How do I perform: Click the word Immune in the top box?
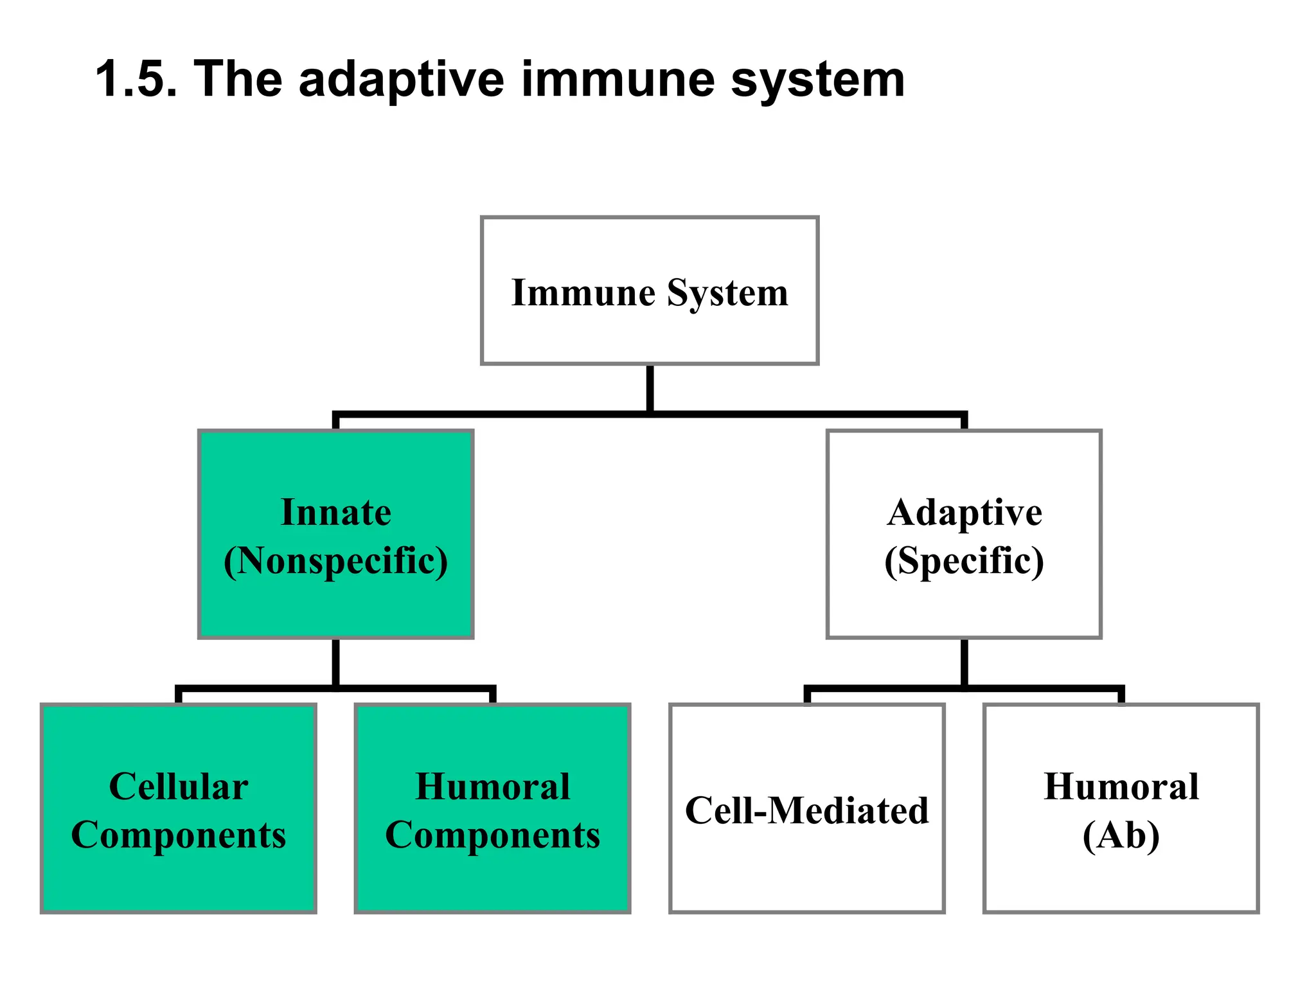coord(583,293)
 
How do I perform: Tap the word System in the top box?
coord(727,294)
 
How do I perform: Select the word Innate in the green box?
coord(336,513)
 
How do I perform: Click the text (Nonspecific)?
coord(336,561)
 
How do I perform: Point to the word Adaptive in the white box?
coord(964,513)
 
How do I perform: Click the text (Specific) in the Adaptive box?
coord(964,561)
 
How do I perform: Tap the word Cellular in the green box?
coord(179,787)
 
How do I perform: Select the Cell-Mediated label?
coord(807,810)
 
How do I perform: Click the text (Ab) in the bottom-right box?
coord(1121,835)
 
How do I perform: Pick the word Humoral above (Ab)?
coord(1121,787)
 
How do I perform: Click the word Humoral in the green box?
coord(493,787)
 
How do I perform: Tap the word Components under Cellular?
coord(179,835)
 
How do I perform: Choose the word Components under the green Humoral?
coord(493,835)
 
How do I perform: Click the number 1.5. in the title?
coord(136,79)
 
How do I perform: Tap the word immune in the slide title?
coord(618,79)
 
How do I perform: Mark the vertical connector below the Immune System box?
coord(650,388)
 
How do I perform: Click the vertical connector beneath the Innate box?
coord(336,662)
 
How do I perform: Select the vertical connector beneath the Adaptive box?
coord(964,662)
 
